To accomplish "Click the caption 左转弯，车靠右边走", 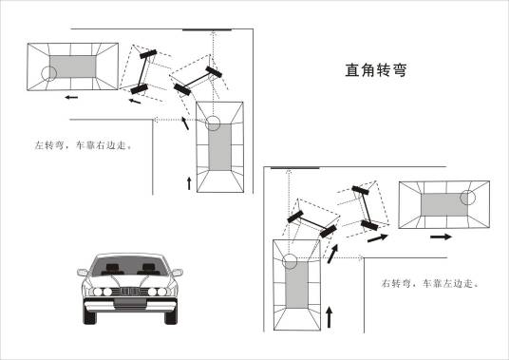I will tap(81, 146).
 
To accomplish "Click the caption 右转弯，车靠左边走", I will tap(429, 283).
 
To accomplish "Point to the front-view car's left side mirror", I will tap(83, 274).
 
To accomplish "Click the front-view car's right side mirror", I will tap(177, 274).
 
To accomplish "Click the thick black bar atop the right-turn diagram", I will tap(294, 169).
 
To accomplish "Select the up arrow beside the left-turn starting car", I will tap(189, 180).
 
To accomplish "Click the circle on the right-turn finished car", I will tap(466, 198).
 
